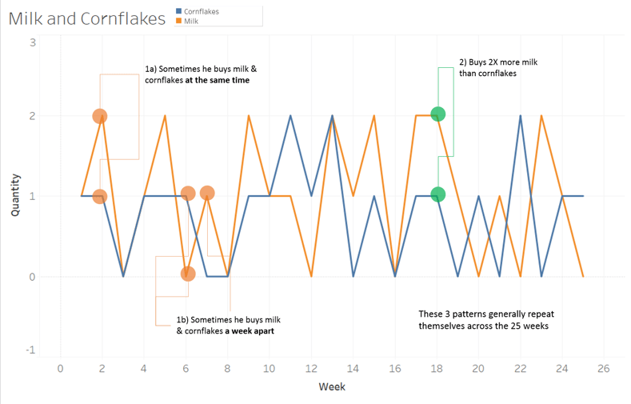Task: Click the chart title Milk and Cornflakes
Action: (87, 19)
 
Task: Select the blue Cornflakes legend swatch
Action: (178, 11)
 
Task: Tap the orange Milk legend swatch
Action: (178, 21)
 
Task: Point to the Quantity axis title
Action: (15, 195)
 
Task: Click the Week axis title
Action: (332, 386)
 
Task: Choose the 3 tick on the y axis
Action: (33, 42)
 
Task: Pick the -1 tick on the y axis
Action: (30, 350)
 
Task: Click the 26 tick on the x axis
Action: (604, 369)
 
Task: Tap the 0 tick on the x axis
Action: (60, 369)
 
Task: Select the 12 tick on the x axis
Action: (311, 369)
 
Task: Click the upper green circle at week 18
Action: (437, 114)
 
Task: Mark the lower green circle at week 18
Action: (437, 194)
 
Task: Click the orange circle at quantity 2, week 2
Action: (100, 116)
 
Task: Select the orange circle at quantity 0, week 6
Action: (188, 274)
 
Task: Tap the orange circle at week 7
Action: (207, 193)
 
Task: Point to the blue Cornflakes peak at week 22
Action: (521, 116)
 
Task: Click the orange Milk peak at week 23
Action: (541, 116)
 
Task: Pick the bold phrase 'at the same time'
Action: (218, 80)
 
